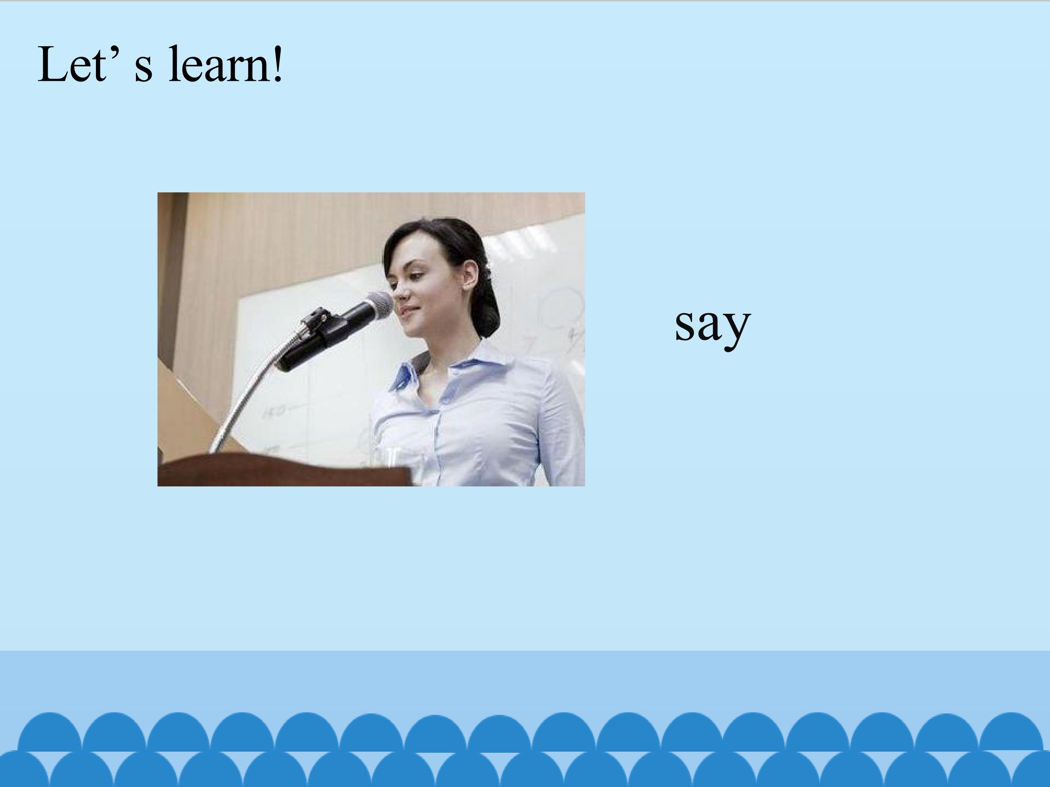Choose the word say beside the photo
(x=712, y=325)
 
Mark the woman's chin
(x=415, y=330)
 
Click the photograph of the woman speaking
(x=371, y=339)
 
